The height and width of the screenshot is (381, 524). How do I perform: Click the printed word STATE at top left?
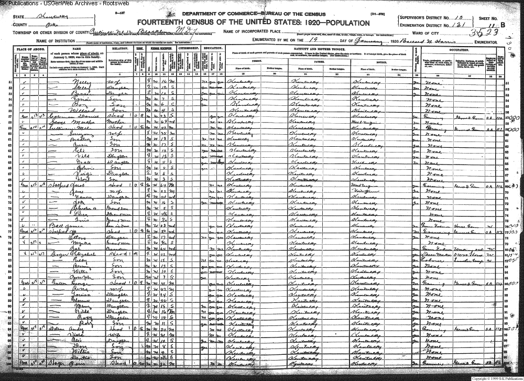(19, 17)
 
